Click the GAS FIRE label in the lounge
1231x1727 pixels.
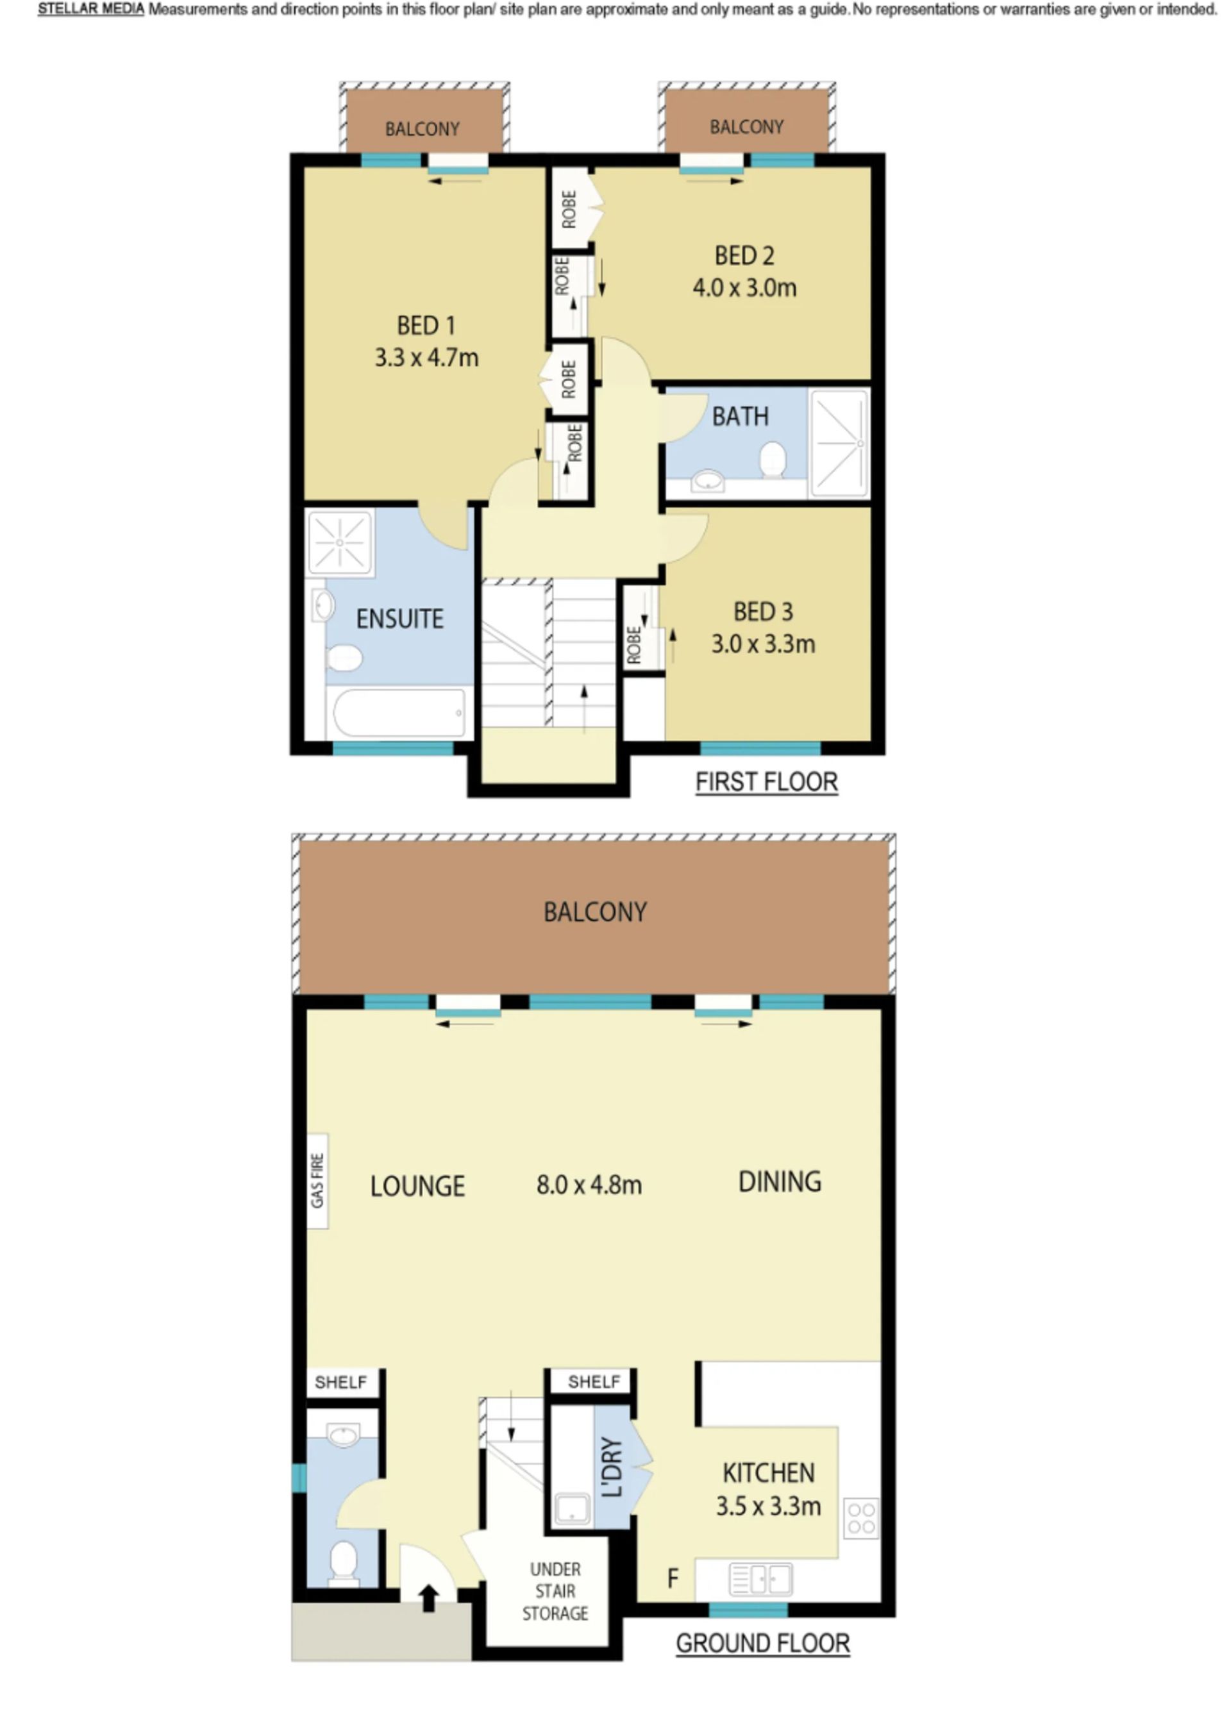(317, 1181)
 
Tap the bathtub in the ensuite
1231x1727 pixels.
(399, 712)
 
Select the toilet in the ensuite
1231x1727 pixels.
(344, 657)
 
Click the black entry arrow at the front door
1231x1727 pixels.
(428, 1597)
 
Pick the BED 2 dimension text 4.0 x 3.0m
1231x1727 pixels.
(744, 288)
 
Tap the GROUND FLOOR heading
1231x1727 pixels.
(762, 1644)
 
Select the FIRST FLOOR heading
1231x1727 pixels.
(766, 782)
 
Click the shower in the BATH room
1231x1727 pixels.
(839, 444)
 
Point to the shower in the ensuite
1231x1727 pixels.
(340, 542)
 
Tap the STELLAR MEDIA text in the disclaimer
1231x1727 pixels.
(91, 10)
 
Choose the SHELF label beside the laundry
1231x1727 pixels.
(594, 1381)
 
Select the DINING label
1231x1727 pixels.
(779, 1181)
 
